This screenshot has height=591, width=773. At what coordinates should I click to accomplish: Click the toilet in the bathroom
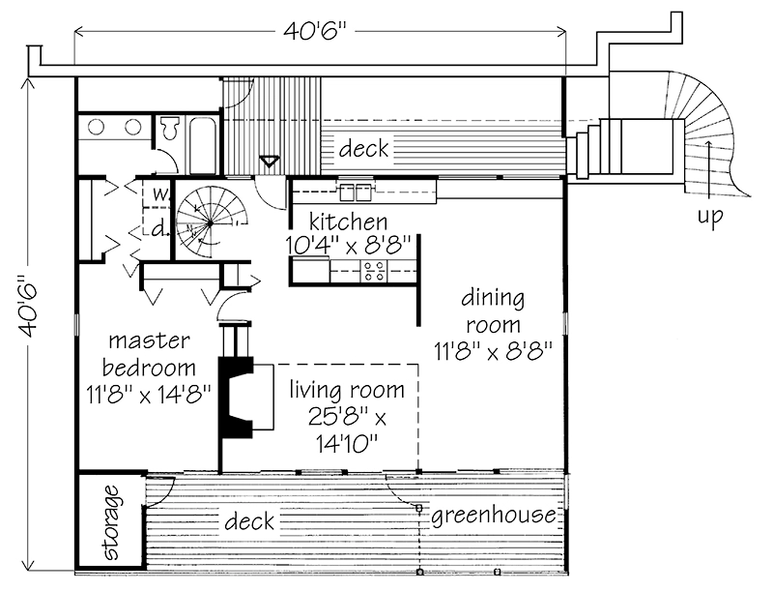coord(170,127)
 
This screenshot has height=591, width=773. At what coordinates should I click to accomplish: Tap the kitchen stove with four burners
coord(374,272)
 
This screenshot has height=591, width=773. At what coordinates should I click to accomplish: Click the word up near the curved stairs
coord(710,219)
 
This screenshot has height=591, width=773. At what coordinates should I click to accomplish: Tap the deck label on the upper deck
coord(363,149)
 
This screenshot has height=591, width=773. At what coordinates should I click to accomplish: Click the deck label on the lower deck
coord(249,522)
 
